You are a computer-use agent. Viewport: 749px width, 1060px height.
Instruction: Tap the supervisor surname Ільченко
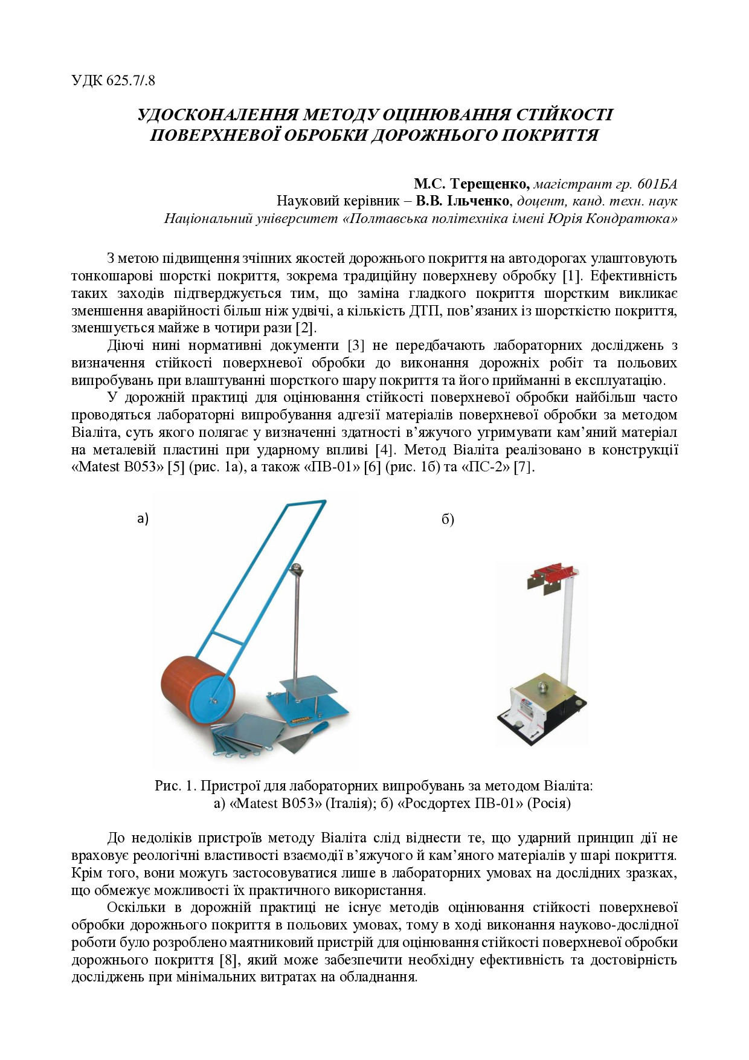480,201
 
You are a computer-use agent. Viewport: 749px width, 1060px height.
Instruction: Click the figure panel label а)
143,518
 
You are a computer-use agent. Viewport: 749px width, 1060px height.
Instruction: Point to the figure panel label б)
448,519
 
